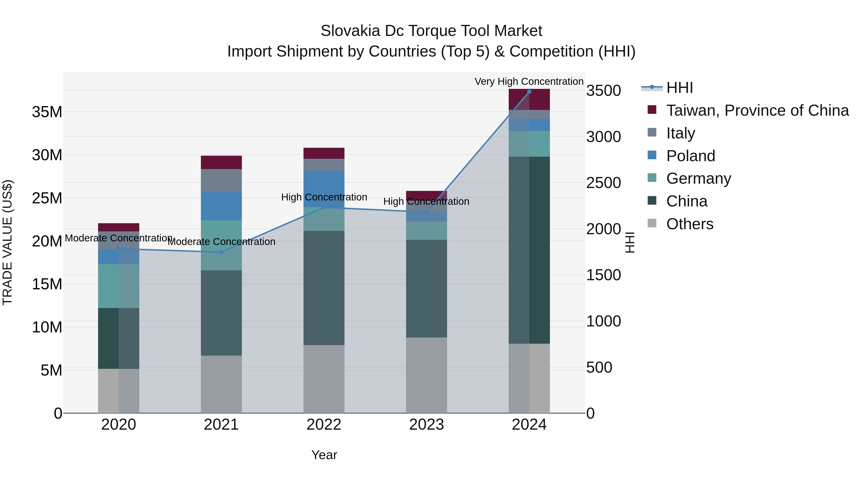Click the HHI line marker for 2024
click(x=529, y=92)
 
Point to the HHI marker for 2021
click(x=221, y=252)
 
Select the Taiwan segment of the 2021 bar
click(x=221, y=162)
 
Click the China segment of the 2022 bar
click(x=324, y=288)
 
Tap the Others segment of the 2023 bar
click(x=426, y=375)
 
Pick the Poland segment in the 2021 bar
click(x=221, y=206)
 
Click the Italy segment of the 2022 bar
click(x=324, y=165)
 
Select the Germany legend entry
click(x=699, y=178)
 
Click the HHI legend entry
click(x=679, y=88)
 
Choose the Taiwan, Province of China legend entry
click(x=757, y=110)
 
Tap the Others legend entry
click(x=689, y=224)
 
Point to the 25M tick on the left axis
click(x=47, y=198)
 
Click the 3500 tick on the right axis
click(x=603, y=91)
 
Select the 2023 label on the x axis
click(x=426, y=425)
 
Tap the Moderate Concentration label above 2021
click(x=221, y=242)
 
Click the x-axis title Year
click(x=324, y=455)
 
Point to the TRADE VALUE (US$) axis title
click(x=7, y=242)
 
